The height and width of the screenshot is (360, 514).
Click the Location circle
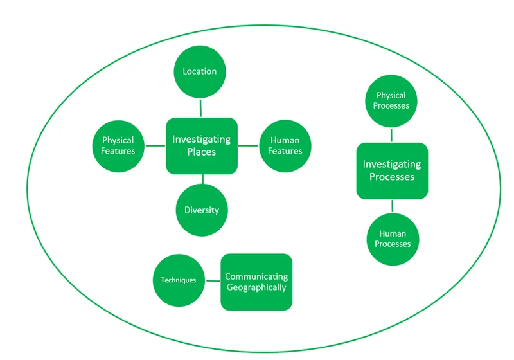click(200, 71)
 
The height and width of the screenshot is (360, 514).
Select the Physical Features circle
click(118, 145)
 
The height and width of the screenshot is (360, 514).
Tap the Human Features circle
click(285, 145)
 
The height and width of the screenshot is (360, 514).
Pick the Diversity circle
click(202, 210)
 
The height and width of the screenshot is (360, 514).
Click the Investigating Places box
click(202, 146)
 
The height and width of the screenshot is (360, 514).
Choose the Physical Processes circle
click(392, 102)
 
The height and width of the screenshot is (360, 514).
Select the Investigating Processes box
click(392, 170)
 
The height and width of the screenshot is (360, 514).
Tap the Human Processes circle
click(392, 239)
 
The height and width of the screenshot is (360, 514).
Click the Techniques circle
click(178, 280)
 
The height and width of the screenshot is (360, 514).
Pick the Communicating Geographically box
click(256, 282)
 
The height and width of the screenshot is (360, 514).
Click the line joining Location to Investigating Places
click(200, 107)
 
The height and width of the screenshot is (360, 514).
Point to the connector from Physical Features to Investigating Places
click(155, 146)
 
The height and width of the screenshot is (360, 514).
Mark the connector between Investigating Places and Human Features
click(248, 146)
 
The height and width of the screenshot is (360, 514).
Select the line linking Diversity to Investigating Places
click(202, 179)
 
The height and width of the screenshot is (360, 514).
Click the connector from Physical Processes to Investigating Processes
click(392, 135)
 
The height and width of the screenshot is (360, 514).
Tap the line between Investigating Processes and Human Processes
click(392, 206)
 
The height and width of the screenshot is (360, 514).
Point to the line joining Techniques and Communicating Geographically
click(212, 280)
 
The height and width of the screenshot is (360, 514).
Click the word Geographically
click(256, 287)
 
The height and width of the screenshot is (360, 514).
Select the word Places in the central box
click(201, 152)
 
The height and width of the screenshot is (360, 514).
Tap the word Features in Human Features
click(285, 151)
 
